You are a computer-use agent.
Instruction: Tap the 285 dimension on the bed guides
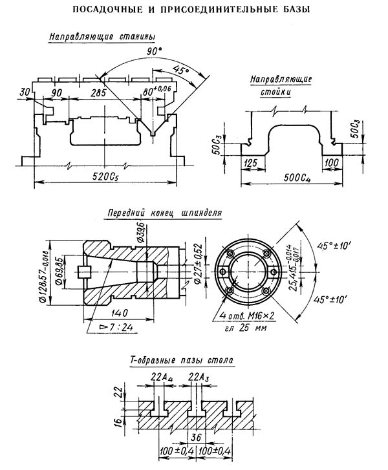(99, 92)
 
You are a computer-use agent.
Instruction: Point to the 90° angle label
(154, 52)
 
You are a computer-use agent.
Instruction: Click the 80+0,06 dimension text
(156, 90)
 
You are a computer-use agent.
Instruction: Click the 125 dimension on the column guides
(251, 163)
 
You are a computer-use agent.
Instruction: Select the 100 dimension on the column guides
(332, 163)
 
